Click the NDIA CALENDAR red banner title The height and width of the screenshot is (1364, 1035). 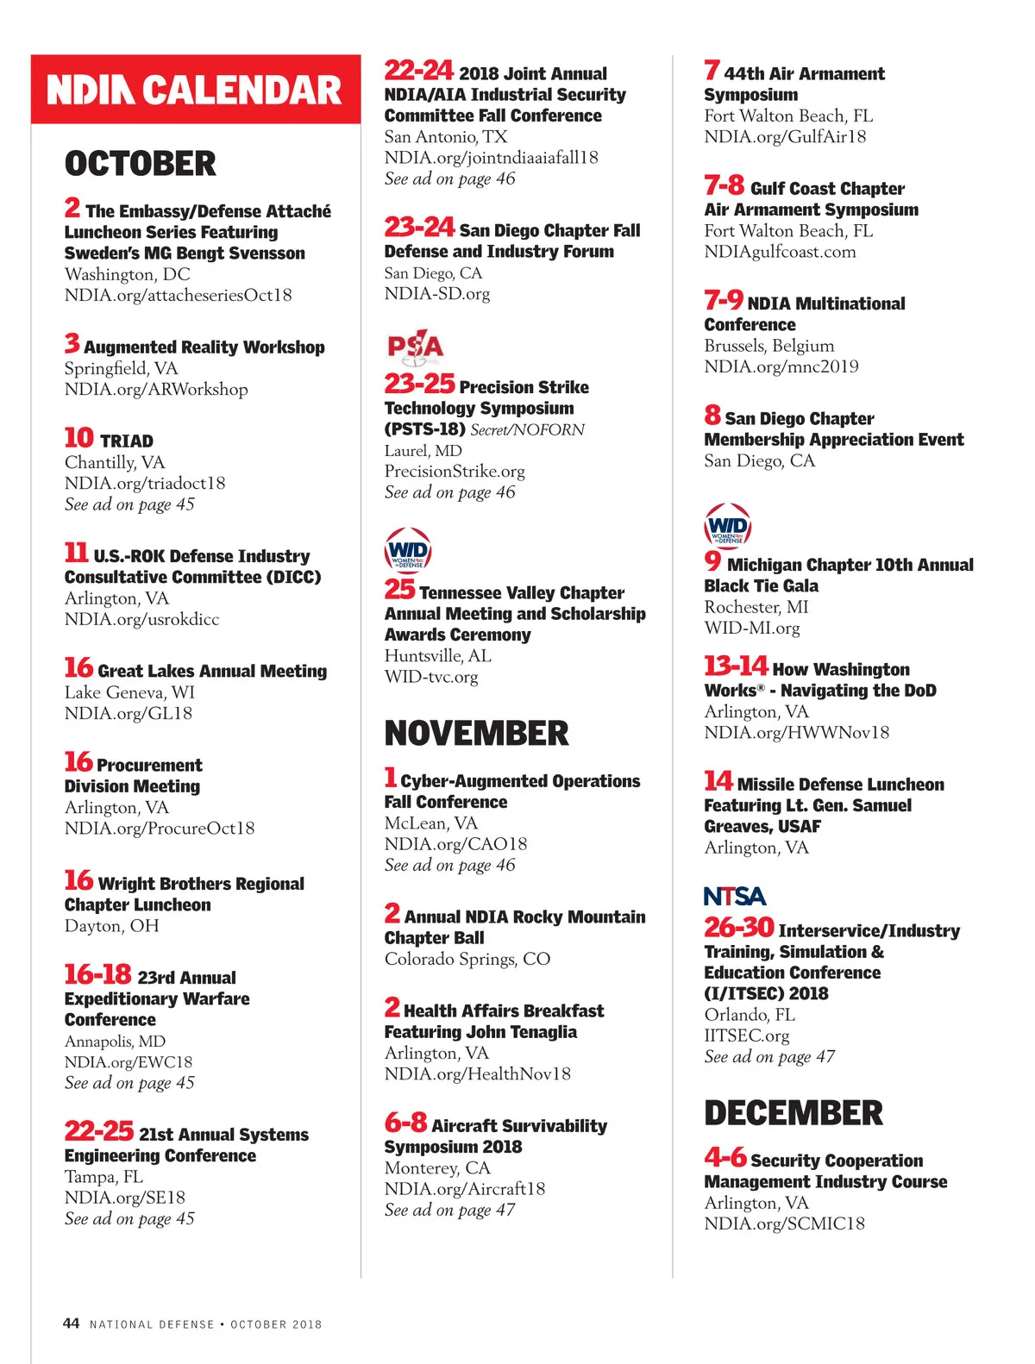[195, 90]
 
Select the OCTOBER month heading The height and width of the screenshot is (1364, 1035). [141, 164]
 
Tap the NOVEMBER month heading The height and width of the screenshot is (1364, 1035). [476, 734]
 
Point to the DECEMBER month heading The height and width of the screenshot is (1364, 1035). [793, 1113]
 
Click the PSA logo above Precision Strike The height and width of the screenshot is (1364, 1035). [415, 346]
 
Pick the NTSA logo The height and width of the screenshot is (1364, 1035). [735, 897]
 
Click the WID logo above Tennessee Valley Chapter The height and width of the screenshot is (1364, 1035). [408, 550]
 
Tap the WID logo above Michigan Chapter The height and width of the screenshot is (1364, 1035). [728, 526]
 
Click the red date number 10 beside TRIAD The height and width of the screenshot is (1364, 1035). [78, 438]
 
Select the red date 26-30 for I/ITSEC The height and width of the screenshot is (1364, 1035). [738, 928]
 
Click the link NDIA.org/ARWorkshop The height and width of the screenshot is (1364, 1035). [156, 389]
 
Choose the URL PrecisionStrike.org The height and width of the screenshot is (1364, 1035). [455, 471]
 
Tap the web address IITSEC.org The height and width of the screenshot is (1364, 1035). [746, 1036]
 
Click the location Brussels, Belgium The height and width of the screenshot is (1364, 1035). [768, 346]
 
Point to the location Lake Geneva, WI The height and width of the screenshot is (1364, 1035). [129, 692]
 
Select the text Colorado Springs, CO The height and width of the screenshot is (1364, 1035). [467, 959]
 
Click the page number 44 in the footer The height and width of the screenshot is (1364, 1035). [72, 1323]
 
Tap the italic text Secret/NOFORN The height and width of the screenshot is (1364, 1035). [527, 429]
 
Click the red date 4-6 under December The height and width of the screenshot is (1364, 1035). [724, 1157]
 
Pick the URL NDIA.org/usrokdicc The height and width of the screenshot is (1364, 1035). [141, 619]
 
